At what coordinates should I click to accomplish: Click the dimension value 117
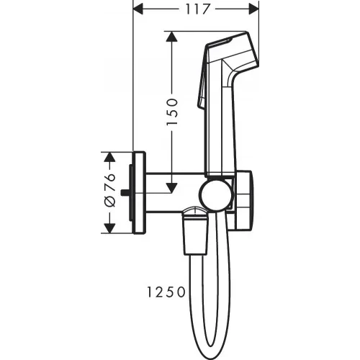(196, 9)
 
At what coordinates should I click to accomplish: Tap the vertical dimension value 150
(172, 113)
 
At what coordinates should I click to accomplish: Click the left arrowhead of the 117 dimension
(140, 9)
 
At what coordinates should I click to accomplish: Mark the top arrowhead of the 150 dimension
(172, 36)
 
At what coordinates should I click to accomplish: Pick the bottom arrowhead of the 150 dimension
(172, 189)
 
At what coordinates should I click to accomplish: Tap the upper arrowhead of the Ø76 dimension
(110, 156)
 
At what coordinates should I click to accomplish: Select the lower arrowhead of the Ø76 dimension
(110, 229)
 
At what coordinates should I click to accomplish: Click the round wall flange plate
(139, 193)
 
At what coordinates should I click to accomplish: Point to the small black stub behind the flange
(127, 193)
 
